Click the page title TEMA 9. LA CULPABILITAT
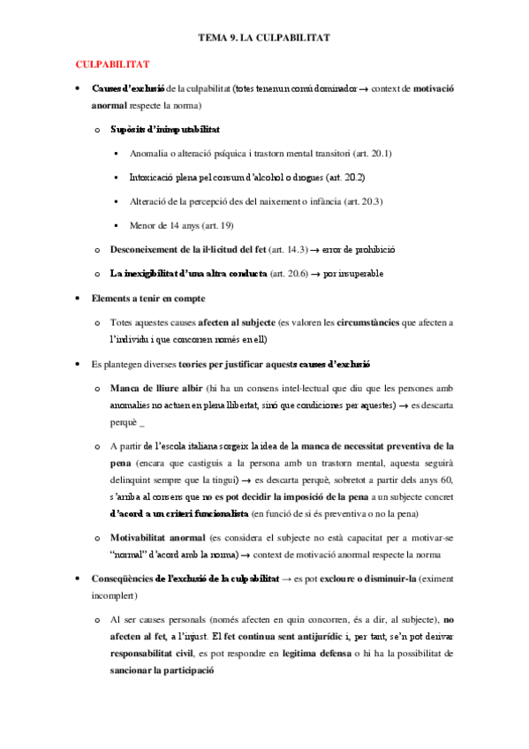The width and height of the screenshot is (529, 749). [x=264, y=39]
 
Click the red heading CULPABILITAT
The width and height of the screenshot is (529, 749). [x=112, y=64]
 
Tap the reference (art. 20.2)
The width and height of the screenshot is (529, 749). [x=342, y=177]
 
